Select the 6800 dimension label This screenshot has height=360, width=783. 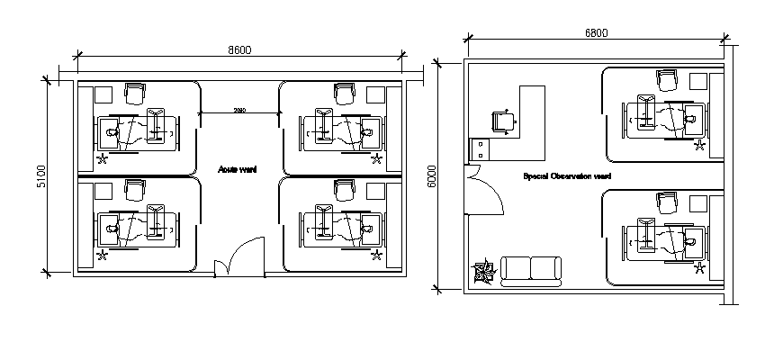[595, 33]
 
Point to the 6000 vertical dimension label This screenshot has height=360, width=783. [431, 177]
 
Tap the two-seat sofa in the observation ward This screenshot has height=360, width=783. [530, 269]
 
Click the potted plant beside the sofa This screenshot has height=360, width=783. [483, 271]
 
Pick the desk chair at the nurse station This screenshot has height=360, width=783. [501, 120]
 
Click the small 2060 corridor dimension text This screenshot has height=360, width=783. [239, 110]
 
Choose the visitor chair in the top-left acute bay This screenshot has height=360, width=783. [135, 93]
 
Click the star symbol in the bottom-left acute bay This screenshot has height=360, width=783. [103, 256]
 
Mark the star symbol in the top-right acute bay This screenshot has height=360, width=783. [377, 159]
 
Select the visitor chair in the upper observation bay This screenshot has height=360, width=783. [667, 80]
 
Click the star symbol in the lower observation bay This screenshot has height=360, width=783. [700, 267]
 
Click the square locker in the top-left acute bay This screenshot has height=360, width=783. [103, 93]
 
